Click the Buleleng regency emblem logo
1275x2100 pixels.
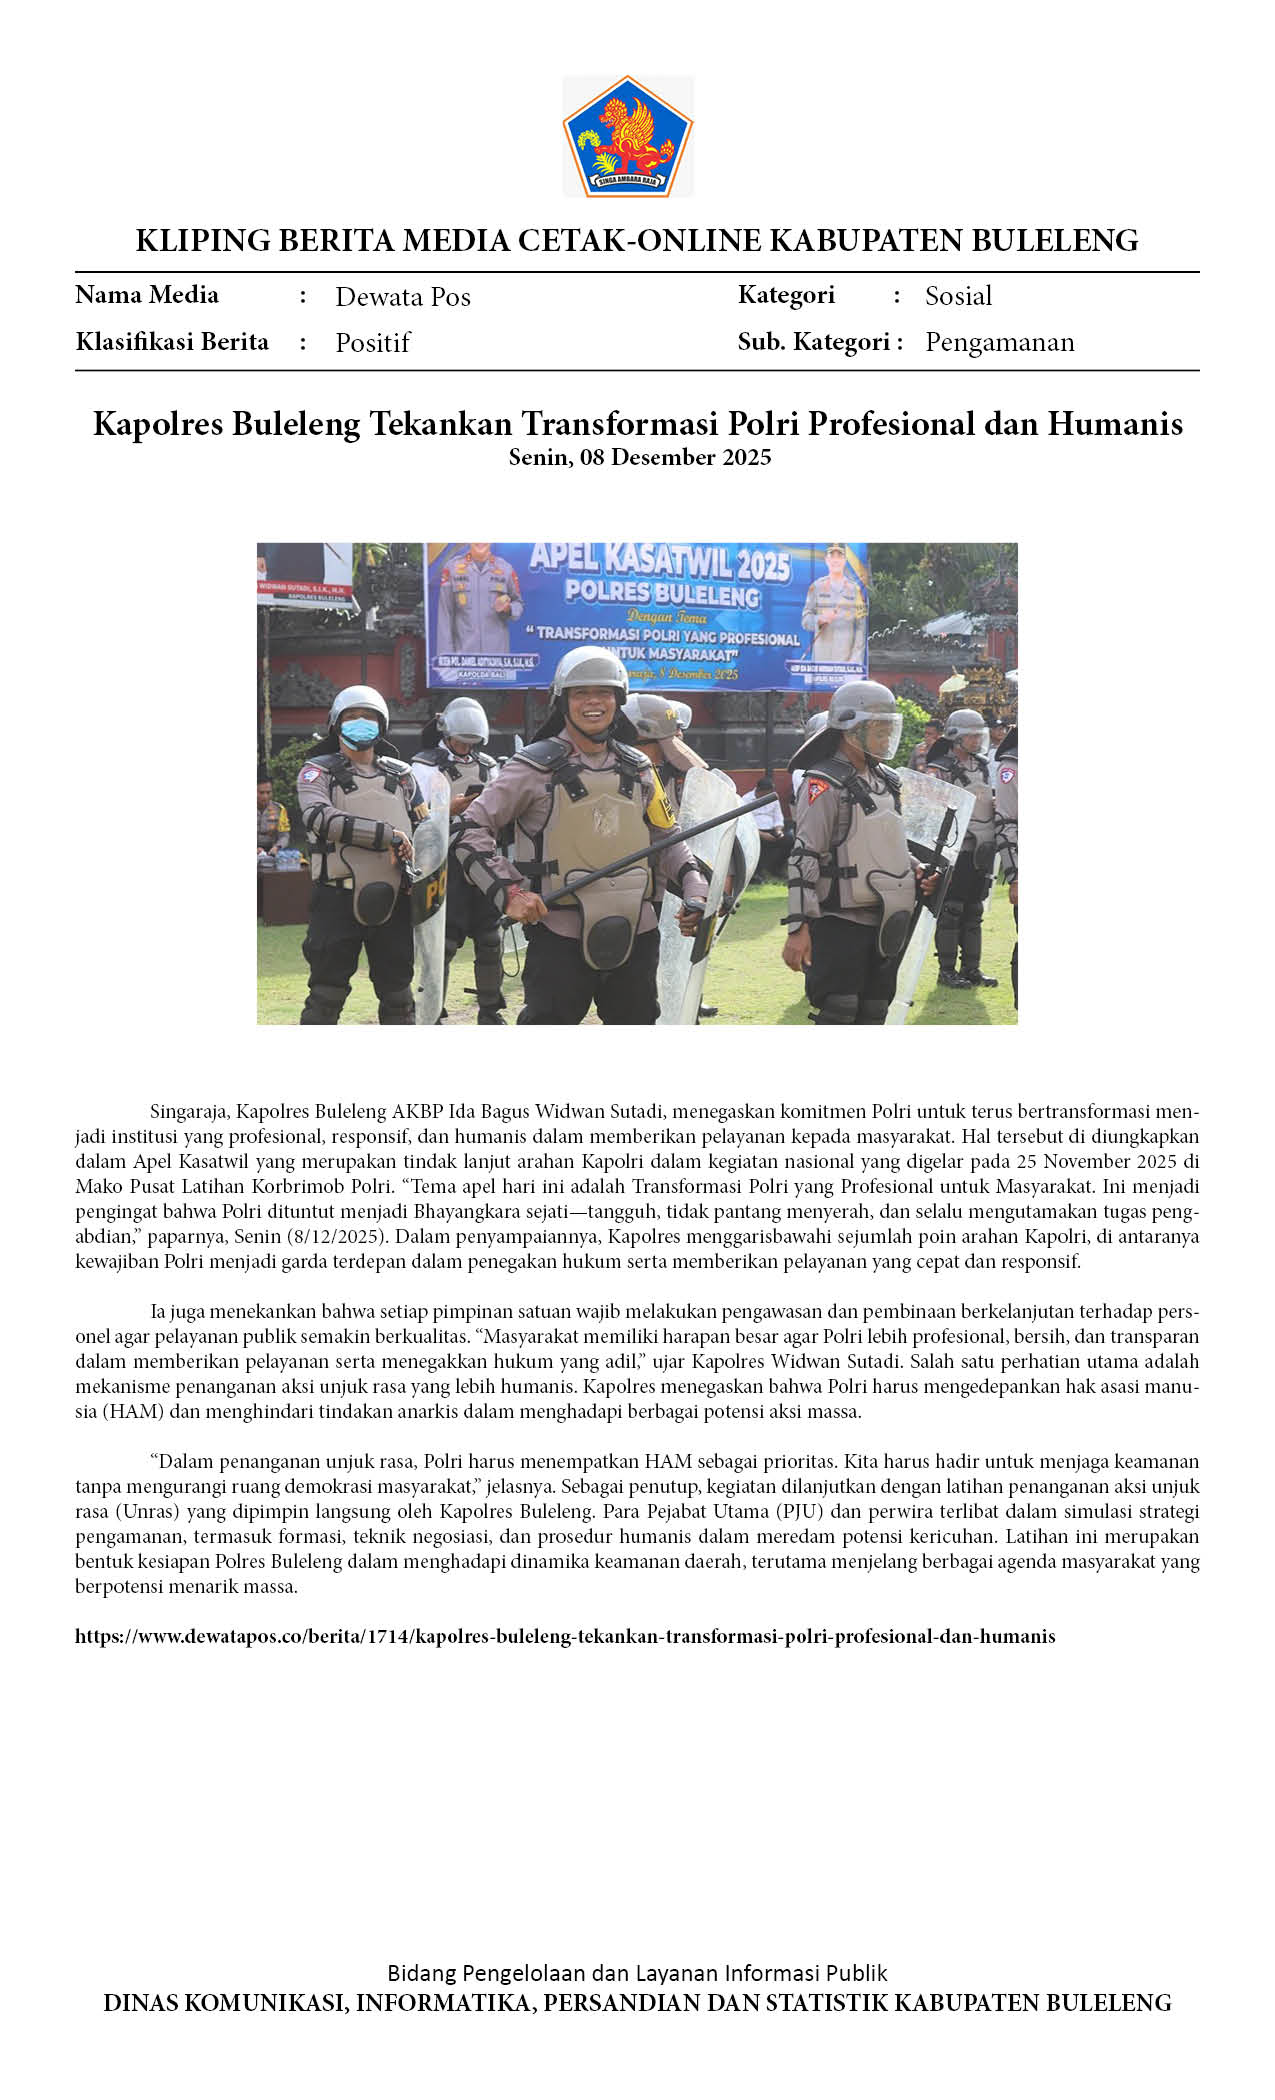[628, 137]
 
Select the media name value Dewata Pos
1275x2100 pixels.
[402, 297]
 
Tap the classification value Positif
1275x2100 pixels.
[372, 343]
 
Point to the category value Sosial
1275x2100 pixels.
[958, 296]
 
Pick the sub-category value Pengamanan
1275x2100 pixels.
[999, 342]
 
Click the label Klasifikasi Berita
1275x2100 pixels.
[172, 342]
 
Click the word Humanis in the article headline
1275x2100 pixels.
[1115, 424]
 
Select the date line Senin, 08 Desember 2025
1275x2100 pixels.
[640, 458]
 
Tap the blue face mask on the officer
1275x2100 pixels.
[359, 732]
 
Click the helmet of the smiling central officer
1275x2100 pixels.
[589, 667]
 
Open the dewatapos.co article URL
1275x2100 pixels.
[565, 1637]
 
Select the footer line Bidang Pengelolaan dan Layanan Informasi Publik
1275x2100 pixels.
[637, 1973]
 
